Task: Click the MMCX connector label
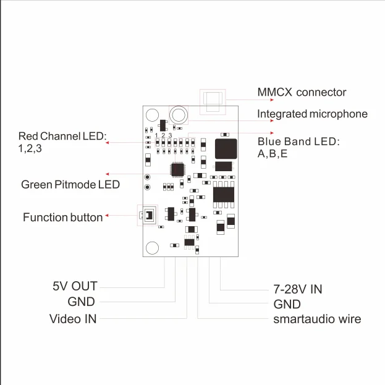tap(302, 92)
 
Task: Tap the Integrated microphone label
tap(312, 114)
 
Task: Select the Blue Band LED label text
tap(298, 147)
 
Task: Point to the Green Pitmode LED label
tap(70, 185)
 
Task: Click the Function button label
tap(63, 218)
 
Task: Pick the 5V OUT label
tap(75, 286)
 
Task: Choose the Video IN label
tap(73, 319)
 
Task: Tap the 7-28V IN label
tap(298, 289)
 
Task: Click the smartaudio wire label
tap(317, 319)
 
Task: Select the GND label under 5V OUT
tap(82, 302)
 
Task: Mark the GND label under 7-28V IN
tap(287, 305)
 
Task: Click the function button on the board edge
tap(149, 215)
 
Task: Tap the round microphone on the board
tap(179, 115)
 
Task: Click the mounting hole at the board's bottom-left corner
tap(152, 248)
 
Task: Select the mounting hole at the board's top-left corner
tap(152, 115)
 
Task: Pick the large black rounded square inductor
tap(226, 149)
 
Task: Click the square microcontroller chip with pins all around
tap(177, 169)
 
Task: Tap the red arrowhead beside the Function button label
tap(107, 216)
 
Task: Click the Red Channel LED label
tap(62, 142)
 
